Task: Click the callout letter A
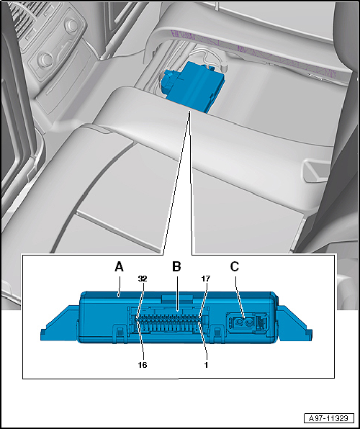point(119,267)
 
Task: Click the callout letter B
point(176,267)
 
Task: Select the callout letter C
point(235,267)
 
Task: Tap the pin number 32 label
point(143,279)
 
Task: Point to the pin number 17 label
point(206,279)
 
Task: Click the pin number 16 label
point(143,365)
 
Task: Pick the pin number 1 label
point(206,365)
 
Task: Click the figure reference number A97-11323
point(329,418)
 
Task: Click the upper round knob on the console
point(72,25)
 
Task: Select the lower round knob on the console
point(45,59)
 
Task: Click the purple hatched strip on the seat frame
point(252,52)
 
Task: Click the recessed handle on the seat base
point(315,172)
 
